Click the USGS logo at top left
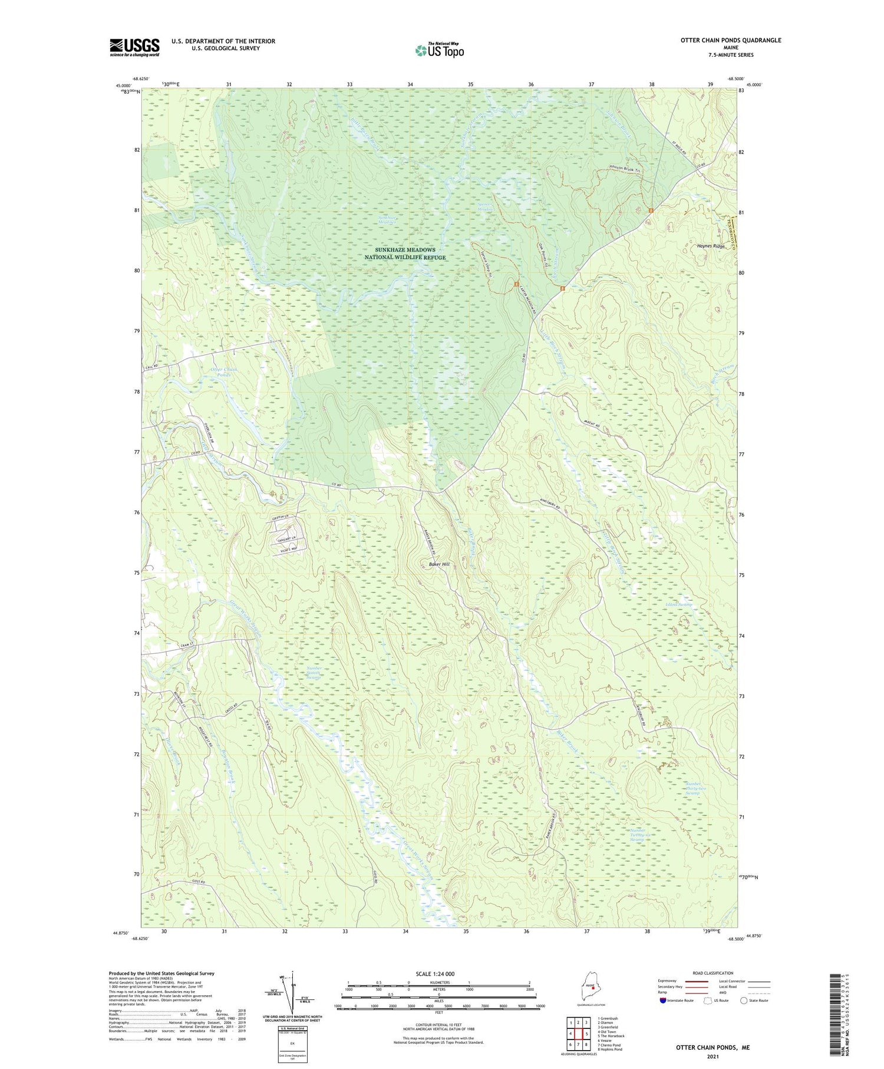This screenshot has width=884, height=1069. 134,47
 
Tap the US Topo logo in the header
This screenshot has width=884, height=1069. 439,50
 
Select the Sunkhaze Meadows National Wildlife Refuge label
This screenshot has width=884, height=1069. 405,254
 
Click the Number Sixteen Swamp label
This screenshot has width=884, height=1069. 314,673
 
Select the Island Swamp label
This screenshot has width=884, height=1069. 678,605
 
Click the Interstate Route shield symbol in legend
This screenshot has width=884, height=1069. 662,1001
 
